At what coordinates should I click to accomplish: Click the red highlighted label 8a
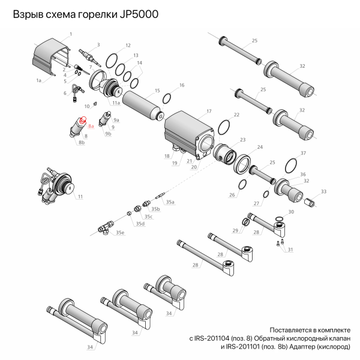pyautogui.click(x=91, y=127)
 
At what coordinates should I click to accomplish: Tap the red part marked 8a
pyautogui.click(x=83, y=119)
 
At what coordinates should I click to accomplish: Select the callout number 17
pyautogui.click(x=209, y=112)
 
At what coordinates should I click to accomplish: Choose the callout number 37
pyautogui.click(x=303, y=153)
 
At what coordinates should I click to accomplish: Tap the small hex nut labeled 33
pyautogui.click(x=311, y=202)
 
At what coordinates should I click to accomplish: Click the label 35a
pyautogui.click(x=170, y=202)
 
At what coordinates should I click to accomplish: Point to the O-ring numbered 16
pyautogui.click(x=168, y=98)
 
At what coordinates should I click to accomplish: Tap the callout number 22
pyautogui.click(x=236, y=114)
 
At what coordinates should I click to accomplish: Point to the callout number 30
pyautogui.click(x=292, y=212)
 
